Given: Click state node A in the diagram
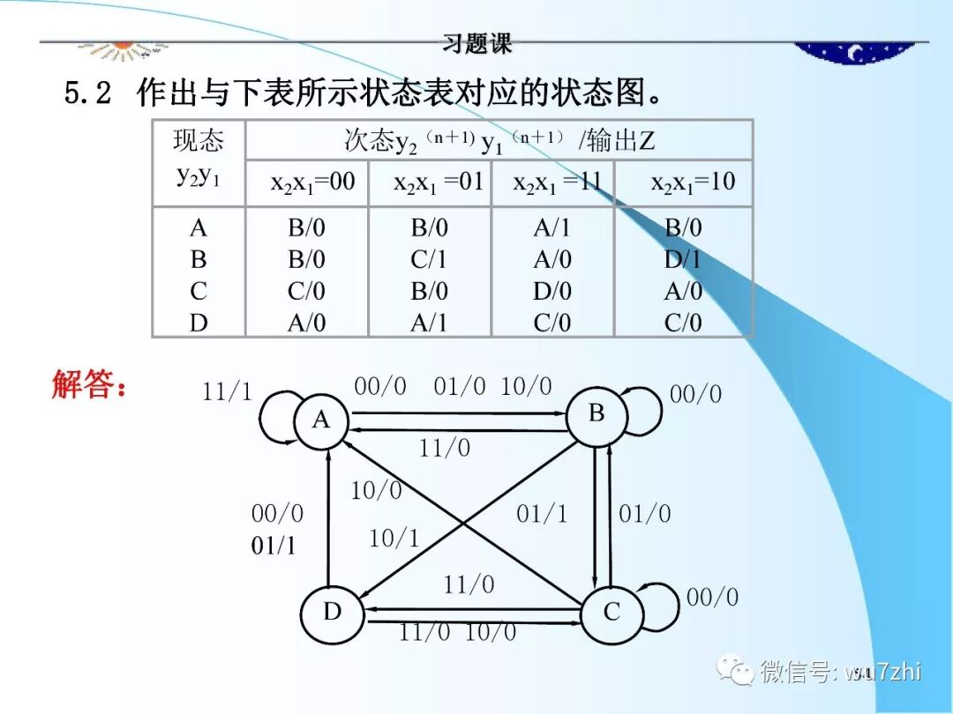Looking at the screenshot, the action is pyautogui.click(x=321, y=420).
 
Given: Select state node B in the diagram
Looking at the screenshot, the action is pyautogui.click(x=597, y=413).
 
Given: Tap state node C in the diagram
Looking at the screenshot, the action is pyautogui.click(x=612, y=612).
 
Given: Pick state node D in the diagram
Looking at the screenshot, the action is pyautogui.click(x=332, y=612).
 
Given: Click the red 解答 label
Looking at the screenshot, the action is pyautogui.click(x=89, y=386).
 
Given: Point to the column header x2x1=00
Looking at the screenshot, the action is pyautogui.click(x=312, y=182).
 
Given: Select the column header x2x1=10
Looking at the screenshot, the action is pyautogui.click(x=693, y=182).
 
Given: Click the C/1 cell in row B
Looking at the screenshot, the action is pyautogui.click(x=430, y=260).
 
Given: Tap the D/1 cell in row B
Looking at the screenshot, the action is pyautogui.click(x=683, y=260).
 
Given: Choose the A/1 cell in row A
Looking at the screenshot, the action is pyautogui.click(x=552, y=228).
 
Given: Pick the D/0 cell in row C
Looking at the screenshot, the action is pyautogui.click(x=552, y=292).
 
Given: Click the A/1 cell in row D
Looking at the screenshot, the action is pyautogui.click(x=430, y=324).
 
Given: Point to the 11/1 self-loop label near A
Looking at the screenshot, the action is pyautogui.click(x=227, y=392).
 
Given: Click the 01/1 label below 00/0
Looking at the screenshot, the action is pyautogui.click(x=274, y=546).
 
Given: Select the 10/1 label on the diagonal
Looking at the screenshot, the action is pyautogui.click(x=394, y=538).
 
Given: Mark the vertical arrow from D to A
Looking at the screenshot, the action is pyautogui.click(x=327, y=520).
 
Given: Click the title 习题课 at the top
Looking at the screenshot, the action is pyautogui.click(x=477, y=42).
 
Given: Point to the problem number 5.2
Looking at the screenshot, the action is pyautogui.click(x=87, y=93).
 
